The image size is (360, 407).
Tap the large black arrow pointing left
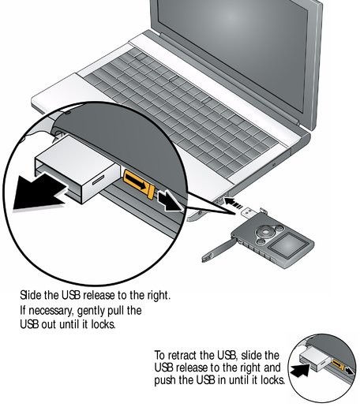pos(39,191)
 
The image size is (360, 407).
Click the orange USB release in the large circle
pos(139,184)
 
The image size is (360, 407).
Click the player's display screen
pos(288,246)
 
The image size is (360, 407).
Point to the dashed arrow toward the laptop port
pos(233,203)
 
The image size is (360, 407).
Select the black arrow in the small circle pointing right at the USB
pos(300,371)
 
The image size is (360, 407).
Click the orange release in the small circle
pos(338,364)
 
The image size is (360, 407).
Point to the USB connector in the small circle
pos(314,360)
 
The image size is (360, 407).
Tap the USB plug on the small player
pos(249,212)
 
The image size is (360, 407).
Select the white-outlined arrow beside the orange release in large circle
pos(170,201)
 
